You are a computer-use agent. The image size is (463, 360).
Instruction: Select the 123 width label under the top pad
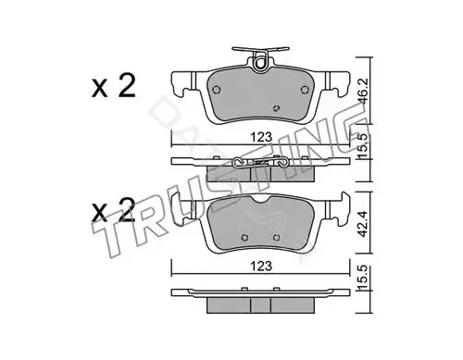pyautogui.click(x=261, y=137)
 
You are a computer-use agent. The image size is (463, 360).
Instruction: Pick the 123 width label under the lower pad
pyautogui.click(x=261, y=266)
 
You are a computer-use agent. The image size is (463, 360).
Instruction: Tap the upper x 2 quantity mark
pyautogui.click(x=114, y=87)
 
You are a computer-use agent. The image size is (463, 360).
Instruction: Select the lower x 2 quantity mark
pyautogui.click(x=114, y=210)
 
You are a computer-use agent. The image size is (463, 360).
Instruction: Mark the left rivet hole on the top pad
pyautogui.click(x=217, y=90)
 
